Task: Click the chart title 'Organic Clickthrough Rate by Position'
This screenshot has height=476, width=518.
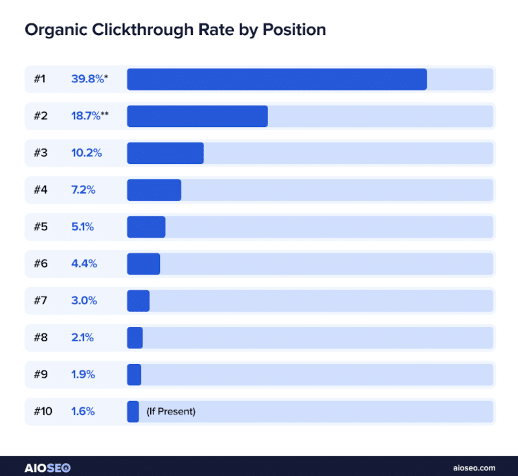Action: pos(175,30)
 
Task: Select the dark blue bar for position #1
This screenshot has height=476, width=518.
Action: pos(276,79)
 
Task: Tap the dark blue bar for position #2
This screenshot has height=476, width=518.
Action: pos(197,116)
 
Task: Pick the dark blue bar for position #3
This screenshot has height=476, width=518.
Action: pos(165,153)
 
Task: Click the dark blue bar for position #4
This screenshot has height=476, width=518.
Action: pos(154,190)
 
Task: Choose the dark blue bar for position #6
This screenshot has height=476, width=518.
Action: pos(143,264)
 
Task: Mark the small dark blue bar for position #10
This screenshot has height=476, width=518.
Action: pos(133,411)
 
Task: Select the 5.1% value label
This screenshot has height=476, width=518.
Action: pos(83,227)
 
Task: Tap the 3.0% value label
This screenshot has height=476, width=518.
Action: pos(84,300)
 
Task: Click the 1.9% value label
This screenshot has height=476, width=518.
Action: pos(83,374)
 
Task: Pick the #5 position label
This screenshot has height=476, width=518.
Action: pos(40,227)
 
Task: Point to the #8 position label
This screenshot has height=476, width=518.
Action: pos(40,337)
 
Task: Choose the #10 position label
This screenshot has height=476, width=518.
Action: pos(43,411)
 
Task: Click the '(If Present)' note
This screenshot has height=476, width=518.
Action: pos(171,411)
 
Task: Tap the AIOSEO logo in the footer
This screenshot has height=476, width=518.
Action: pos(47,467)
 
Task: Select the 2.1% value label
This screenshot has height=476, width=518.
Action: pos(83,337)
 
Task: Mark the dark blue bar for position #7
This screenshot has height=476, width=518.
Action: pos(138,300)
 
